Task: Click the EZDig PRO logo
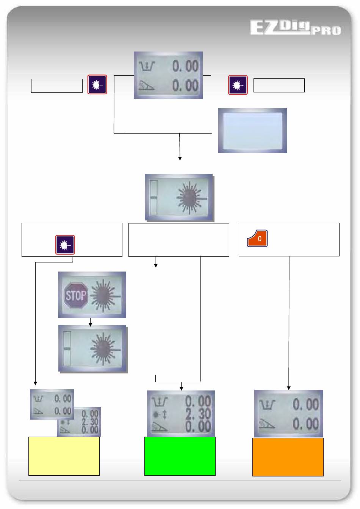[x=295, y=28]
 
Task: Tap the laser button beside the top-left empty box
[x=97, y=84]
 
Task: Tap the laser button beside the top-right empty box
[x=238, y=85]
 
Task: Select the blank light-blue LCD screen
[x=252, y=131]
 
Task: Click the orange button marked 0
[x=257, y=239]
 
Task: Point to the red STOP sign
[x=76, y=295]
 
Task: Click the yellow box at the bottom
[x=64, y=456]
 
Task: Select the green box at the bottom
[x=180, y=456]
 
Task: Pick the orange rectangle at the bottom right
[x=288, y=457]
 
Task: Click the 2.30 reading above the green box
[x=198, y=414]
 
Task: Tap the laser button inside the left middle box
[x=65, y=245]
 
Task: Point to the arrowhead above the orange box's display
[x=289, y=387]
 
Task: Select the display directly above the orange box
[x=289, y=414]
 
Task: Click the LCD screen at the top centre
[x=168, y=75]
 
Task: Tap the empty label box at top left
[x=57, y=86]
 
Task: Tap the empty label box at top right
[x=279, y=86]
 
